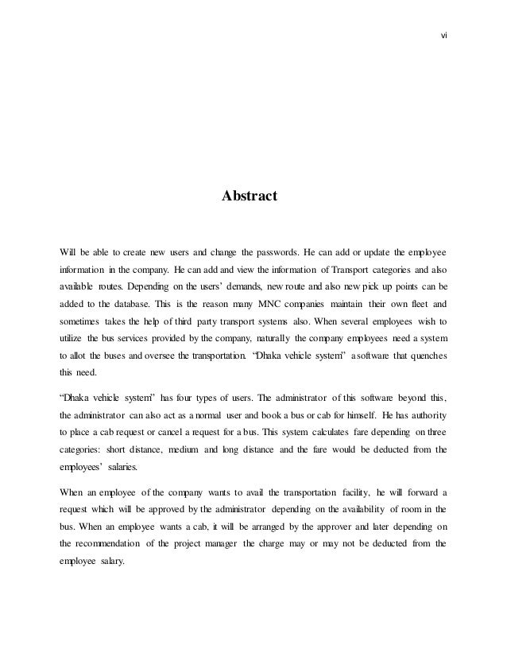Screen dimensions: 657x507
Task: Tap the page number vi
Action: click(x=443, y=35)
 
